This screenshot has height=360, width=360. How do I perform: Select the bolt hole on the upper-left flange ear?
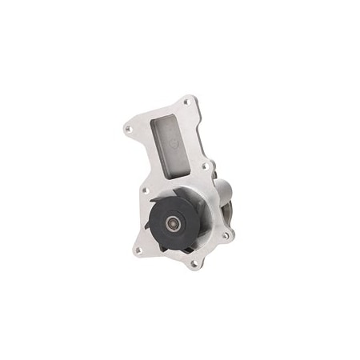129,127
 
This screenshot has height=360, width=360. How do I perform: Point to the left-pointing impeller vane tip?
149,225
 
